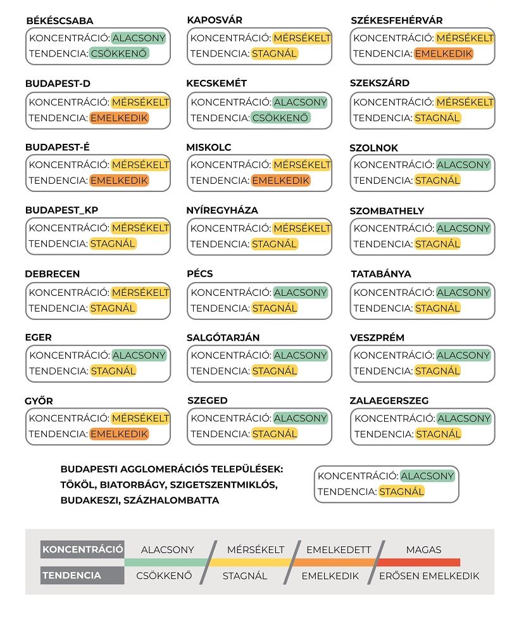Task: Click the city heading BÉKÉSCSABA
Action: [x=59, y=22]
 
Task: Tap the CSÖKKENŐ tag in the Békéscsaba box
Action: [x=119, y=54]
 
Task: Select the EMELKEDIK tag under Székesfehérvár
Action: [x=444, y=54]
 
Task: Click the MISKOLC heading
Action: [x=209, y=148]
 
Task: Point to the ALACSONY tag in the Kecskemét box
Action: [x=300, y=102]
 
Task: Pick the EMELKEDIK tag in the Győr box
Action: [x=119, y=434]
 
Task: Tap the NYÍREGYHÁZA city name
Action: [x=222, y=210]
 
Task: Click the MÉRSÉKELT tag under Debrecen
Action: [x=141, y=293]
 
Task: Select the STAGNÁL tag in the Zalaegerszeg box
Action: [x=438, y=434]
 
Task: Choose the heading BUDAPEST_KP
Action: [x=62, y=210]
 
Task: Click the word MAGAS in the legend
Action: [x=423, y=549]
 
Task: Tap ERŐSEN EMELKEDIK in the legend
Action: [x=429, y=576]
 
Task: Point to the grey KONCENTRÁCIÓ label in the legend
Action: [x=82, y=549]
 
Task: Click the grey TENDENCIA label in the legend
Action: [x=72, y=576]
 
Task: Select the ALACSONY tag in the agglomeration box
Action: [x=427, y=476]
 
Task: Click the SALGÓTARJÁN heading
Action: [x=223, y=338]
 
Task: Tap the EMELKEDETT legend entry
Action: [x=339, y=549]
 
